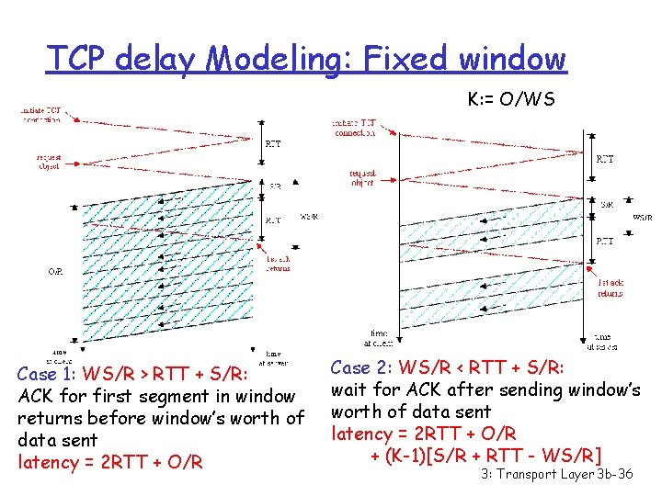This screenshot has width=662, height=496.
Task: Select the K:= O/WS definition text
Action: (x=511, y=99)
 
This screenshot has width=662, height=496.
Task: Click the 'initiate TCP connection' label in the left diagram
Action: (x=40, y=115)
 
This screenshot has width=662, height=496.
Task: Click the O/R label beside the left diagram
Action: (x=56, y=271)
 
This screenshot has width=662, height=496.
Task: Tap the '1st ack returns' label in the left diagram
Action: (x=278, y=264)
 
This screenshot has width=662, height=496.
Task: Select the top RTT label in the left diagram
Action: (x=274, y=143)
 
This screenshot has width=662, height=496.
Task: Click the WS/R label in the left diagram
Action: (x=309, y=218)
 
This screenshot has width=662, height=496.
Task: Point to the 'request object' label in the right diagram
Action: (x=362, y=177)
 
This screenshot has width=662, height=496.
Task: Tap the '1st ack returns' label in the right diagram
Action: (x=610, y=288)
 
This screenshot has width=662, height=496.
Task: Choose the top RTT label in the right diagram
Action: (x=605, y=159)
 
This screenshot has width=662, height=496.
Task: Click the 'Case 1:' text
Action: (x=50, y=374)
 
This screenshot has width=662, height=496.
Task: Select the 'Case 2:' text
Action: (x=362, y=367)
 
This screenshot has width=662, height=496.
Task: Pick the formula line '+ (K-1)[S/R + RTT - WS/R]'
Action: (x=486, y=456)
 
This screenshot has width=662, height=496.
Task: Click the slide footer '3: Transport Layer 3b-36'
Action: (x=557, y=475)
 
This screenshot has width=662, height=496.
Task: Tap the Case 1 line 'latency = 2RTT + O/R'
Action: (x=110, y=462)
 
